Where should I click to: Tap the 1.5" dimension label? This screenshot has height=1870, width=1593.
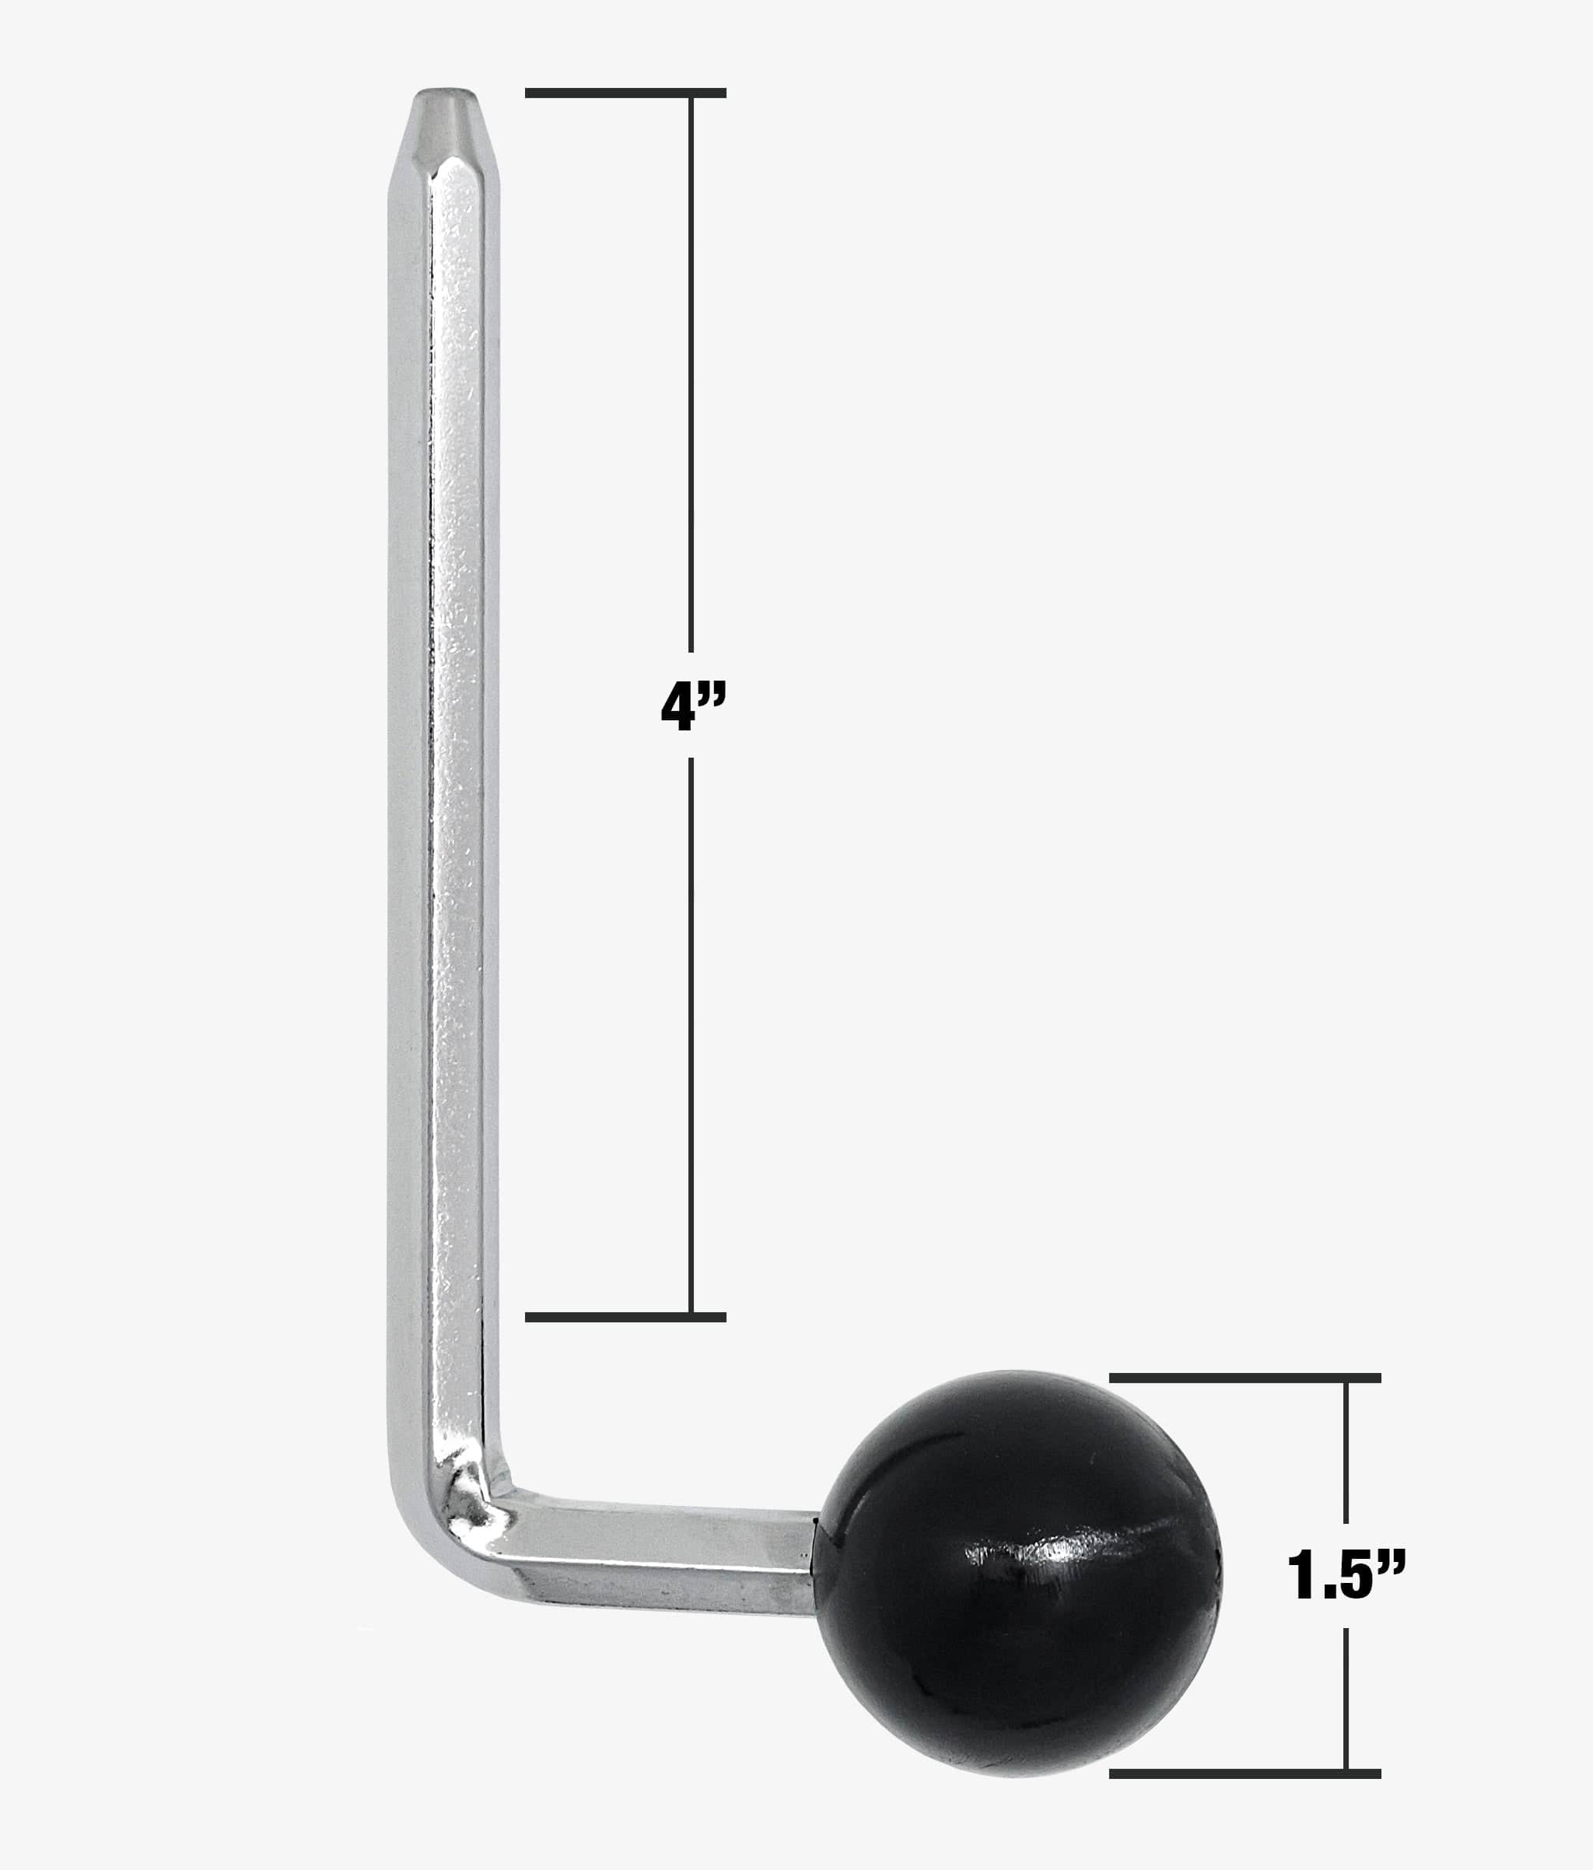1345,1575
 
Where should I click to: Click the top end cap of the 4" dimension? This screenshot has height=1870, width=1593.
625,93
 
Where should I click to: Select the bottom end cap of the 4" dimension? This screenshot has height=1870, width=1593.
625,1317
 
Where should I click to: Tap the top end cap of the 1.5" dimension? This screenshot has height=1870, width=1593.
1245,1378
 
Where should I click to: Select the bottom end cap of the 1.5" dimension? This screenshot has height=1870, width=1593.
1245,1774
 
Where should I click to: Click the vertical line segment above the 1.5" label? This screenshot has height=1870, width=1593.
1346,1453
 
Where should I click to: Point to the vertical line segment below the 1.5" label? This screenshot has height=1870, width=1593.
1346,1697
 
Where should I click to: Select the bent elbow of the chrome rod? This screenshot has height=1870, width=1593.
451,1516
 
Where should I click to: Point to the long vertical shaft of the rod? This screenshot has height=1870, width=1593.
444,722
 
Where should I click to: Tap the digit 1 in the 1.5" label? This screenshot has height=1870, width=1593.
1300,1576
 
